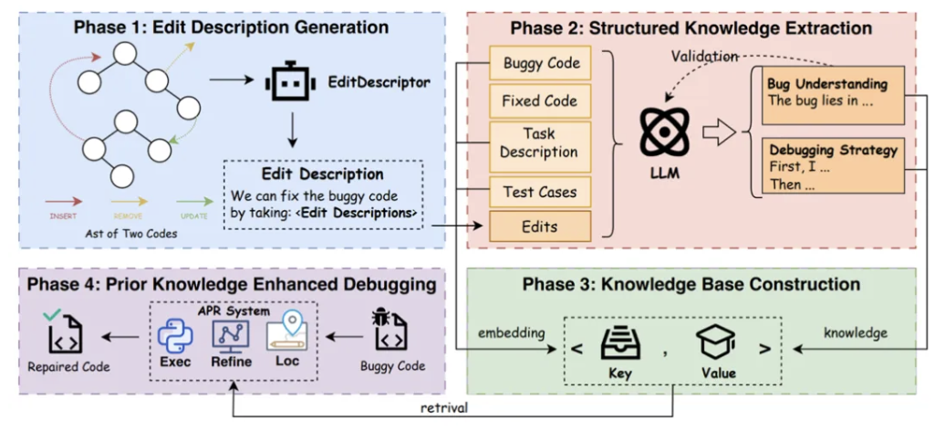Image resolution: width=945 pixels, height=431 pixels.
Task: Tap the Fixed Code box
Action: point(540,100)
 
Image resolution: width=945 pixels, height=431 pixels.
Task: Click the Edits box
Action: point(540,226)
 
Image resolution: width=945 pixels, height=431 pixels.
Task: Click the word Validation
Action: point(705,56)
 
